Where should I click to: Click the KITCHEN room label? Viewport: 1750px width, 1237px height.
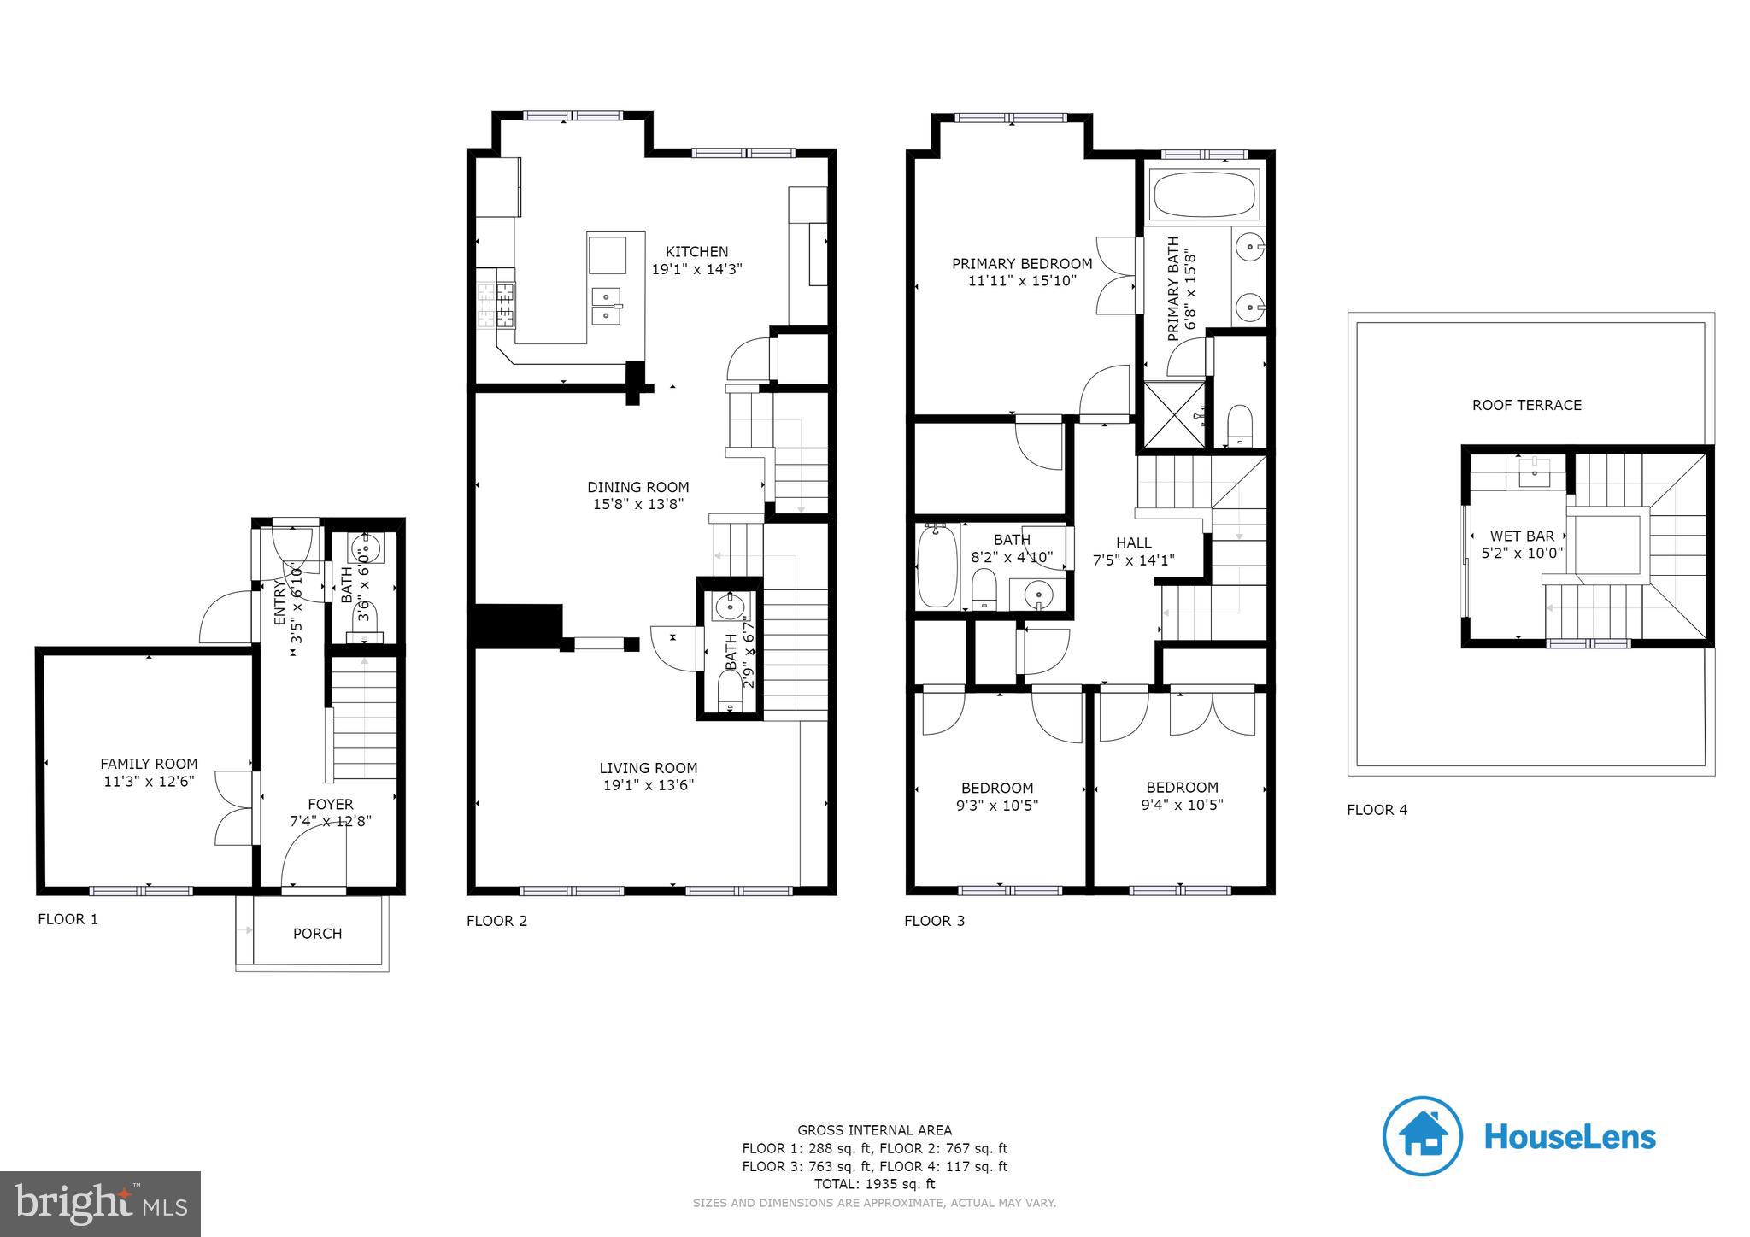[696, 251]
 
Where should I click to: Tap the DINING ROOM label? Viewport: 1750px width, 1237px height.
[637, 488]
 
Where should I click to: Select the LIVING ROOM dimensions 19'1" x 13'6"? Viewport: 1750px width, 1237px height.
[648, 785]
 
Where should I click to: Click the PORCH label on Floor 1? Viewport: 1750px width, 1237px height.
[317, 934]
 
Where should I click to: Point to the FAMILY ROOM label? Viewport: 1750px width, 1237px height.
[149, 764]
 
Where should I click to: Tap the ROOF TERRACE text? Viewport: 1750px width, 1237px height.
[1526, 405]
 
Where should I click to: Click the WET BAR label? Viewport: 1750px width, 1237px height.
[1522, 536]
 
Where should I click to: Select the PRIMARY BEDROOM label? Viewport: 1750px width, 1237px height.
[1022, 264]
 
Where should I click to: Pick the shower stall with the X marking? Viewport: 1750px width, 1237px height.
[1173, 416]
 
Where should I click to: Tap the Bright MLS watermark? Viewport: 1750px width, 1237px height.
[100, 1204]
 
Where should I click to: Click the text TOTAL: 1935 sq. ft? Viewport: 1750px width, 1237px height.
[874, 1184]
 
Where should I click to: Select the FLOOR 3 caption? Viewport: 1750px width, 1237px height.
[934, 921]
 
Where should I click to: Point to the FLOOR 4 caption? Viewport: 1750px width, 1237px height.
[1377, 810]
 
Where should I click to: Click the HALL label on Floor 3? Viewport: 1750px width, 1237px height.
[1133, 542]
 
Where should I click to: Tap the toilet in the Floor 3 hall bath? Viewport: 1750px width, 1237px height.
[985, 589]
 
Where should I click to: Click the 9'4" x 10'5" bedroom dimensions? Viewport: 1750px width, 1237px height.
[1182, 805]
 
